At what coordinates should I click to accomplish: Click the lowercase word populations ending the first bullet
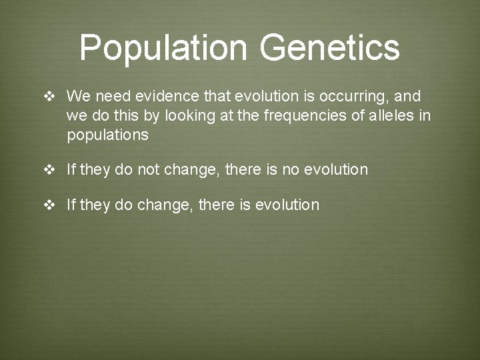(107, 135)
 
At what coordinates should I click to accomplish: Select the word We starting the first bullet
(77, 97)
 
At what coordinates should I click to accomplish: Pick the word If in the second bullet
(71, 170)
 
